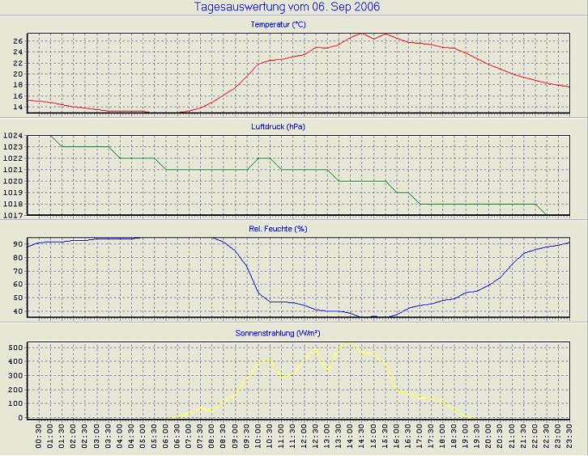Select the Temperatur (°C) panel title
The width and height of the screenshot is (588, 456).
pos(278,25)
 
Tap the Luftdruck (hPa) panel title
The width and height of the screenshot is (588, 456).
pos(278,127)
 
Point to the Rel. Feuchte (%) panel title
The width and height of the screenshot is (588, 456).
pos(278,229)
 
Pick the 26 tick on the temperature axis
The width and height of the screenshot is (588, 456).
pos(18,40)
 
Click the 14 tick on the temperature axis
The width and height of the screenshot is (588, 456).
pos(18,107)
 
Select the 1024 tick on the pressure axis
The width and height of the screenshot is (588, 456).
pos(14,136)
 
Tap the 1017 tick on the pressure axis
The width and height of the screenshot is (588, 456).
pos(14,215)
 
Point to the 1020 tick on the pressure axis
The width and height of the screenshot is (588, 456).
pos(14,181)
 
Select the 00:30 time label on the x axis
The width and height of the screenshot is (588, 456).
pos(39,438)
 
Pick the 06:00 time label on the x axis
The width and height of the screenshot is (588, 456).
pos(166,438)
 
